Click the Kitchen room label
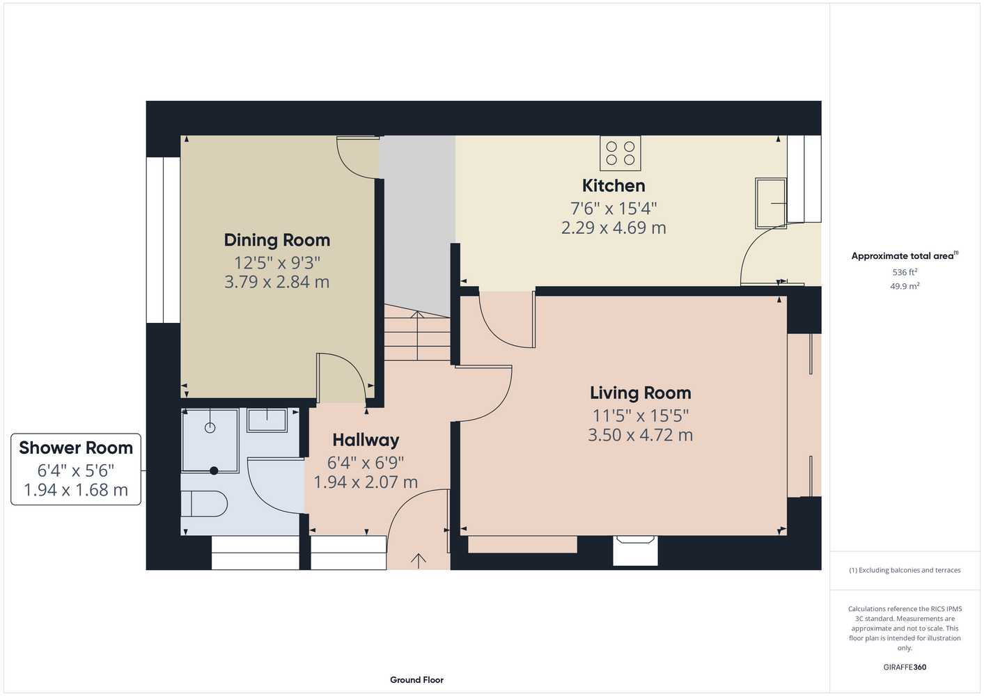[x=614, y=186]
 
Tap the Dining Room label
[x=276, y=240]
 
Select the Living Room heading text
[x=641, y=393]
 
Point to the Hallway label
[x=366, y=440]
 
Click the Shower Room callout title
[x=76, y=448]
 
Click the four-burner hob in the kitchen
[x=620, y=153]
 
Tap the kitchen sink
[x=771, y=203]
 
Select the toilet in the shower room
[x=204, y=504]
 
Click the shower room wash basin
[x=267, y=420]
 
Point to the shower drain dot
[x=214, y=470]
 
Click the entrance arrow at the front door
[x=419, y=561]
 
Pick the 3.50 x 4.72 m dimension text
[x=641, y=435]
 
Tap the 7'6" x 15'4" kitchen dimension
[x=614, y=208]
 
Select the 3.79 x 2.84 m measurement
[x=276, y=282]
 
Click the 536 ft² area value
[x=905, y=272]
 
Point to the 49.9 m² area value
[x=905, y=286]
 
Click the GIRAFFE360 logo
[x=905, y=667]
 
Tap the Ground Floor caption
[x=417, y=680]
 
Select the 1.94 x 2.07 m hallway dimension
[x=366, y=482]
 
